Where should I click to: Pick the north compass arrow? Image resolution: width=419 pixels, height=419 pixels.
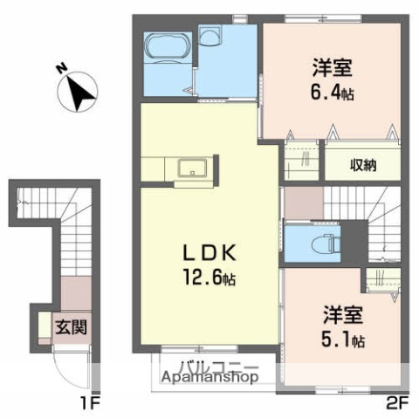pos(81,92)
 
